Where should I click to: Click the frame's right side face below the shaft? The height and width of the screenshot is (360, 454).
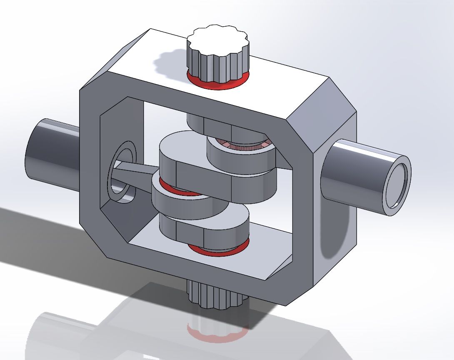335,246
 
